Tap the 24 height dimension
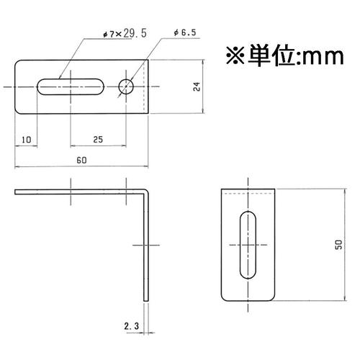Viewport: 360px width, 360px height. [197, 86]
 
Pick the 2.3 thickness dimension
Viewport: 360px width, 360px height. [131, 326]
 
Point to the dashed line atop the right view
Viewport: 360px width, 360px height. [248, 194]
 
